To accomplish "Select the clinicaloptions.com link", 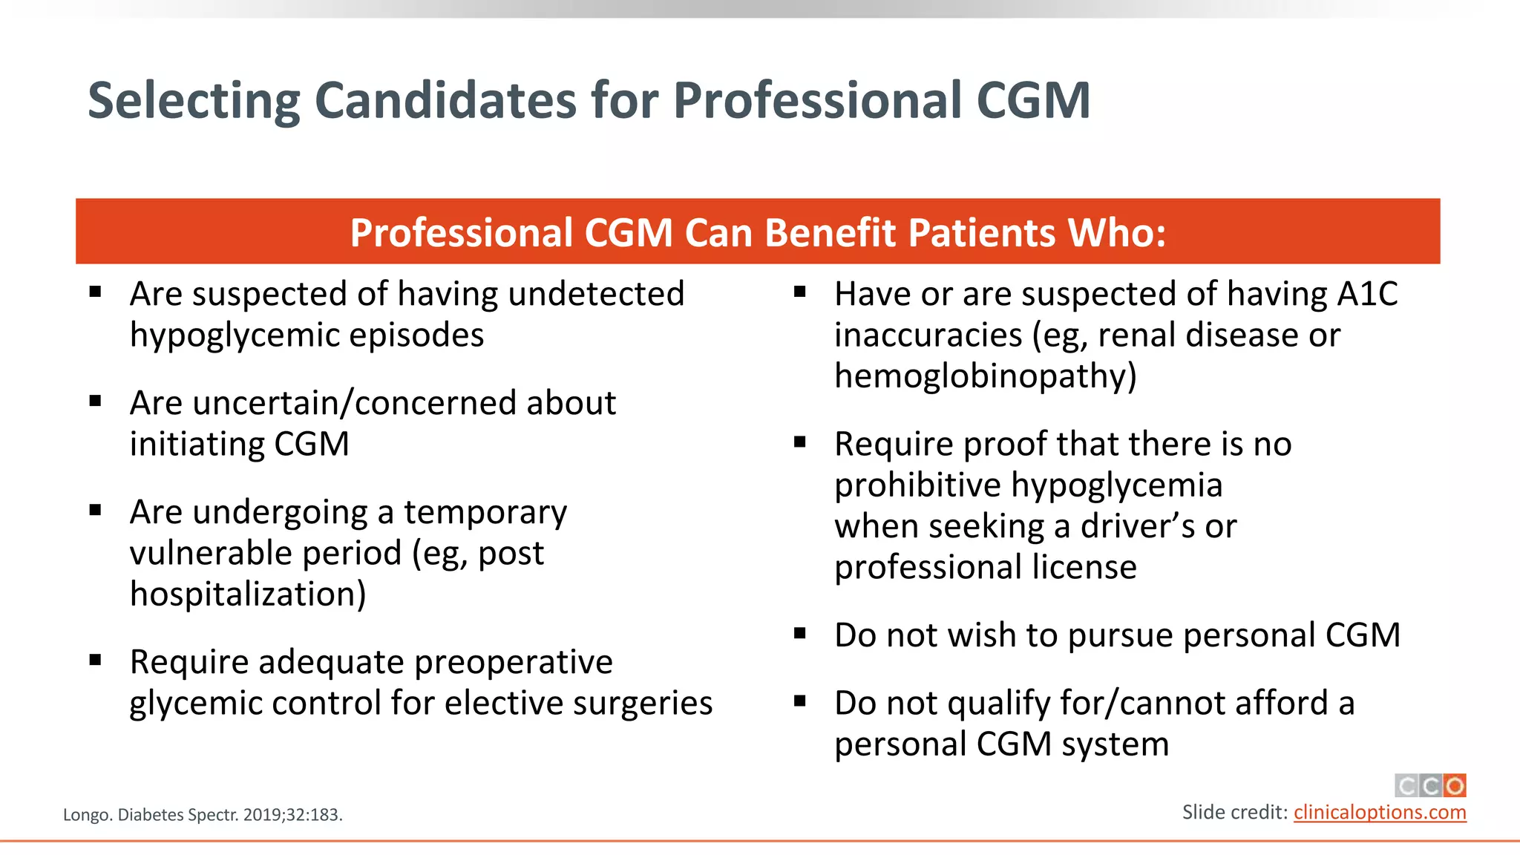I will click(x=1380, y=812).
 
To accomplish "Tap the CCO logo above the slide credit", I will click(x=1430, y=785).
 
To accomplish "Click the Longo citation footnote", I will click(x=203, y=815).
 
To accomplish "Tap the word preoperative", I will click(x=514, y=662).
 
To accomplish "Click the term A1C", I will click(x=1367, y=294).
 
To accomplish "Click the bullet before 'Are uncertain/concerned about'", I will click(x=95, y=402).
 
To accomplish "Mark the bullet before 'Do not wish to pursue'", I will click(x=800, y=634).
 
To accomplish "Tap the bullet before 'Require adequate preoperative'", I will click(x=95, y=661).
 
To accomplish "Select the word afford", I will click(x=1282, y=703).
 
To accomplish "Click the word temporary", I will click(x=485, y=513).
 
